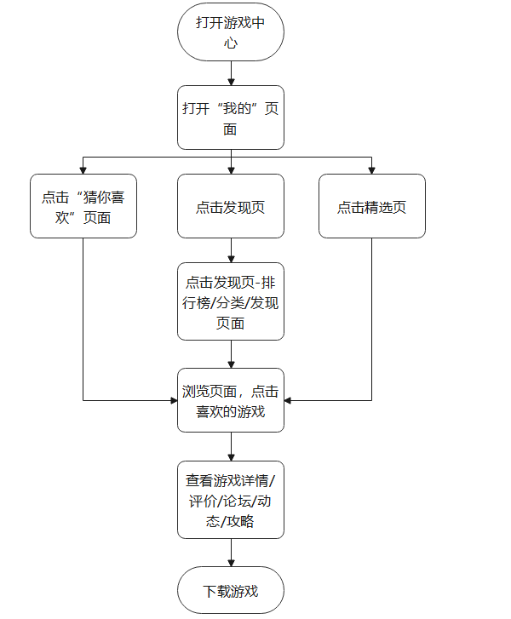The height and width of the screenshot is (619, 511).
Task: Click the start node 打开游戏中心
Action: [230, 32]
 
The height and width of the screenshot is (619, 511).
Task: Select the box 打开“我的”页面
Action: [230, 117]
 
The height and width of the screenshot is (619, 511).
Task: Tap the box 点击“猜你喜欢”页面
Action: [83, 206]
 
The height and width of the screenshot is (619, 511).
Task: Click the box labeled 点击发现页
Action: [230, 206]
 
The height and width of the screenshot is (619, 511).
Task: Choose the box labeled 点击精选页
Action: [371, 206]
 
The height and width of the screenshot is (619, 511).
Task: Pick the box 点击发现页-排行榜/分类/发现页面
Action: [230, 301]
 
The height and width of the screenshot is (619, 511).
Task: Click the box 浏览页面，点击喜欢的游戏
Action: [230, 399]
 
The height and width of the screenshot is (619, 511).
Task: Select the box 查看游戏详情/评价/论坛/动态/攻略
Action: [230, 499]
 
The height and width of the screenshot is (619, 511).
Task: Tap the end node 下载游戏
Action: [230, 590]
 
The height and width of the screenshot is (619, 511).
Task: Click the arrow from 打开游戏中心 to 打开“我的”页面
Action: [230, 73]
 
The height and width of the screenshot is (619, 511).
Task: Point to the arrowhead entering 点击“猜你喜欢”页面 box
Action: [83, 169]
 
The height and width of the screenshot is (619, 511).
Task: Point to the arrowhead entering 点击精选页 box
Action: [371, 169]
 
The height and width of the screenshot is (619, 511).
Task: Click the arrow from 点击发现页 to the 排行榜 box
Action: [230, 250]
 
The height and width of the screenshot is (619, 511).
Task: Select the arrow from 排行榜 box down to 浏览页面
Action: [230, 354]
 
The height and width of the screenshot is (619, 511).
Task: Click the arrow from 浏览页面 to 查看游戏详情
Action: [230, 446]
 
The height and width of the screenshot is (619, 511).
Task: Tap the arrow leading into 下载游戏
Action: [230, 553]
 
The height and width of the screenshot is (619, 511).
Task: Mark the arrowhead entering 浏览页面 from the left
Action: [173, 399]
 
